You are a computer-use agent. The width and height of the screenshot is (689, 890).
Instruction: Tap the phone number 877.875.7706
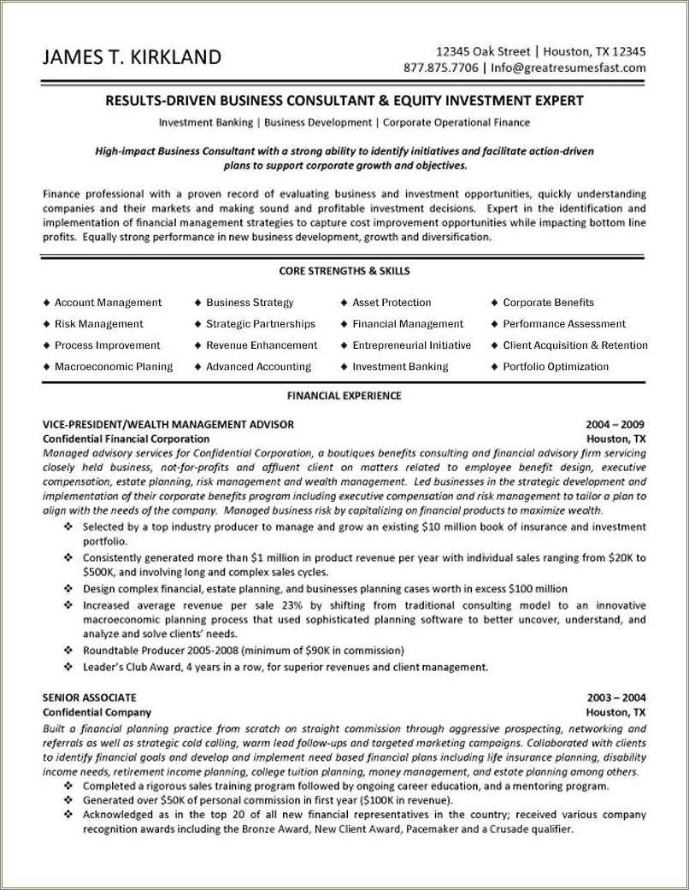441,68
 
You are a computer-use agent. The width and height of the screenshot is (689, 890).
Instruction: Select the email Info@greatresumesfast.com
568,68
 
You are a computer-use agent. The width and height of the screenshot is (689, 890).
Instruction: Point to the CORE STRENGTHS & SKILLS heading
344,271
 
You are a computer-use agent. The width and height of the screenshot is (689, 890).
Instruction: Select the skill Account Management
108,303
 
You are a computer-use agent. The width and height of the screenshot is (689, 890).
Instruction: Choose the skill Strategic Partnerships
261,324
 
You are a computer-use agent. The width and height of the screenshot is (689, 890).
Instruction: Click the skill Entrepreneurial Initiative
411,345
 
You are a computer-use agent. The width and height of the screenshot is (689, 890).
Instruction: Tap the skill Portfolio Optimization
556,367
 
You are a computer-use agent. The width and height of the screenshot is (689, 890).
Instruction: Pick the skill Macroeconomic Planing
114,367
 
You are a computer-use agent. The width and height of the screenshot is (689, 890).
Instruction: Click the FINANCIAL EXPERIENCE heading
344,396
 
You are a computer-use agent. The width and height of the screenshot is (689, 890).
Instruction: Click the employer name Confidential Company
97,712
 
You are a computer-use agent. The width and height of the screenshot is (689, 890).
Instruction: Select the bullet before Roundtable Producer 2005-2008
68,651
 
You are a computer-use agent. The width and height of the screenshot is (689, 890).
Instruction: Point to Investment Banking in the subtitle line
206,122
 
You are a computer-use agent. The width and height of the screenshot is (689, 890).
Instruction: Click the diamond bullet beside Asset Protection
344,303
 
